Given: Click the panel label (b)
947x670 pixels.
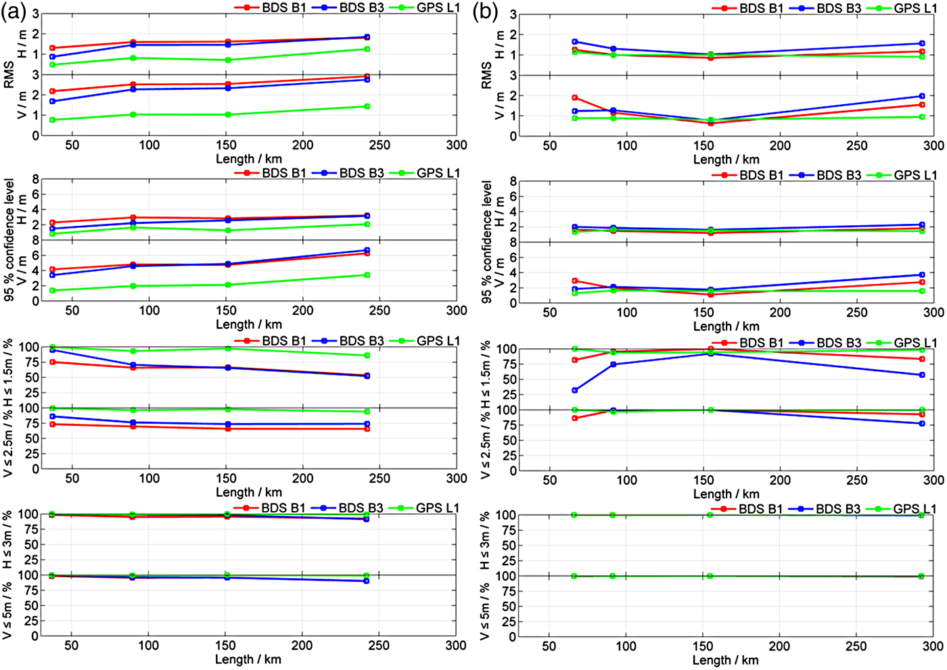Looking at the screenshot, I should click(484, 13).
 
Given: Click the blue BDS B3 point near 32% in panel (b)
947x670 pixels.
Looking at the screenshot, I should click(575, 390).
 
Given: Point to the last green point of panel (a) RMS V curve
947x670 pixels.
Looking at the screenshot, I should click(367, 106).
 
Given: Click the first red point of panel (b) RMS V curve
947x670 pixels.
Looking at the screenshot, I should click(575, 97).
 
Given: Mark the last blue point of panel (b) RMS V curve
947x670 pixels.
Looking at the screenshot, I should click(922, 96).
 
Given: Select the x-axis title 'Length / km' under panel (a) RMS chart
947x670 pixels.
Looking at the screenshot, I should click(249, 159).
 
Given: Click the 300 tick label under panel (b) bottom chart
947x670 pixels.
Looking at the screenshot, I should click(933, 646).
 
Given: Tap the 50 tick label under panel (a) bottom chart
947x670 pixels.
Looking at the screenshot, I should click(72, 646).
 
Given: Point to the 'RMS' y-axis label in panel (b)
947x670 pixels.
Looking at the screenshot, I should click(486, 75).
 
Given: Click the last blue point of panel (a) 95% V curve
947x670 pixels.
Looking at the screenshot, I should click(367, 250).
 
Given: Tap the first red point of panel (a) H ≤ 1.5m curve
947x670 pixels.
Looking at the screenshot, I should click(52, 362).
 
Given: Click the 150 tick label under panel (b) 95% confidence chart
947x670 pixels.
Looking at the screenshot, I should click(703, 312).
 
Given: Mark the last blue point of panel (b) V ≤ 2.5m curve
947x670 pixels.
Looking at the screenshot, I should click(922, 424).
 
